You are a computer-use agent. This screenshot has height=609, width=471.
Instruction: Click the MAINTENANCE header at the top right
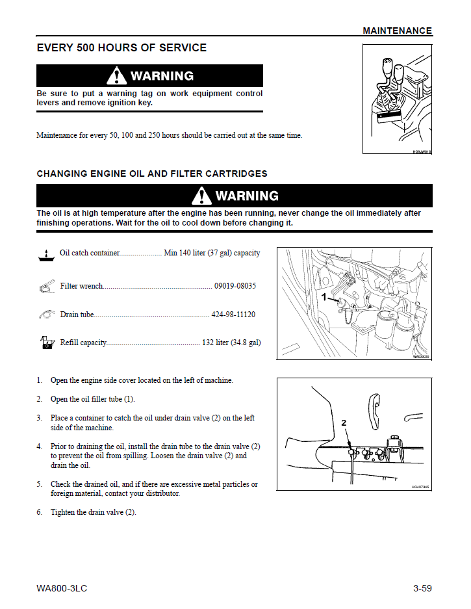(x=397, y=31)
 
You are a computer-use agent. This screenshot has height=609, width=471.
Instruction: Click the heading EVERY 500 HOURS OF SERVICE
(x=121, y=48)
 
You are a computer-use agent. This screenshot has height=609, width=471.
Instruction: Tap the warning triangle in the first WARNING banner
(x=117, y=75)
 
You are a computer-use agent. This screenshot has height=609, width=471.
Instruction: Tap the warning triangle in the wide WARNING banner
(x=201, y=196)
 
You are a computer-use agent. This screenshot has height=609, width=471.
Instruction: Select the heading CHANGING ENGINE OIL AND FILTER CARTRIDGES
(x=152, y=174)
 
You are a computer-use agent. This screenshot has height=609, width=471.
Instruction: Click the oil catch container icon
(x=45, y=255)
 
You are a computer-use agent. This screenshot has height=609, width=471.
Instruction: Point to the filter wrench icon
(x=45, y=286)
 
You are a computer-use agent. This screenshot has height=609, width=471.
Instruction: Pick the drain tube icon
(x=45, y=314)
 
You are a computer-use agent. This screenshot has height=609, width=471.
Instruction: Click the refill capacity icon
(x=45, y=343)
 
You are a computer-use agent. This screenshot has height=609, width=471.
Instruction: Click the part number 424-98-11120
(x=233, y=315)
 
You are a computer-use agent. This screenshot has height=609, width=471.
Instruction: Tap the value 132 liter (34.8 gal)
(x=231, y=343)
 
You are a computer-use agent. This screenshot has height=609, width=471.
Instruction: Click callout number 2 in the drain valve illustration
(x=344, y=422)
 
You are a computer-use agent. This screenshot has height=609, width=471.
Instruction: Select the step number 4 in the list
(x=39, y=447)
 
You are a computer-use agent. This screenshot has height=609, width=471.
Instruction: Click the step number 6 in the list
(x=39, y=512)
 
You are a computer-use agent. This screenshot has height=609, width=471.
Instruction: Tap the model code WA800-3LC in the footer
(x=62, y=588)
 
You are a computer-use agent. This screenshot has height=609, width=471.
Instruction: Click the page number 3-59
(x=422, y=588)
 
